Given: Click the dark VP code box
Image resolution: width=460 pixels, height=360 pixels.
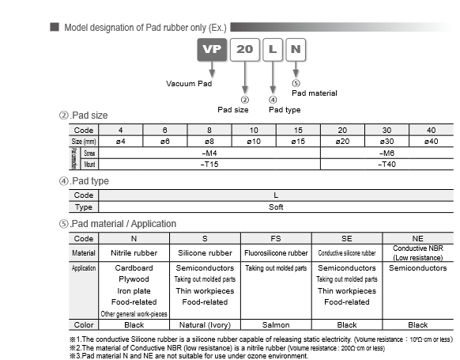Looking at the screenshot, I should tap(211, 48).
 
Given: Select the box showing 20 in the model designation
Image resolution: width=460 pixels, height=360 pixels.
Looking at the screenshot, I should tap(245, 48).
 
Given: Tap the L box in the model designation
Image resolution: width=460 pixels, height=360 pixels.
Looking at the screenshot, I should tap(272, 48).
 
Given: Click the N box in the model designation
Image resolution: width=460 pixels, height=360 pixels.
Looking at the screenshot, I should tap(296, 48).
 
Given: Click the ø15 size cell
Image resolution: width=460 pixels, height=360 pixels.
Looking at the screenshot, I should tap(299, 141).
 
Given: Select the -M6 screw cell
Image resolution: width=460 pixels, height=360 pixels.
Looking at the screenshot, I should tap(386, 152).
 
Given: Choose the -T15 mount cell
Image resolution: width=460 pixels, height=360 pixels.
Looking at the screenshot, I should tap(211, 163).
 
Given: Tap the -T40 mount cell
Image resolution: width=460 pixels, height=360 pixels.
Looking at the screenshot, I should tap(386, 163).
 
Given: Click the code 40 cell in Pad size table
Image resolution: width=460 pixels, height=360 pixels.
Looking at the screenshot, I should tap(430, 130).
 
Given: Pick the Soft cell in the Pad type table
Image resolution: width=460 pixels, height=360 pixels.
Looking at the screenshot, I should tap(275, 207).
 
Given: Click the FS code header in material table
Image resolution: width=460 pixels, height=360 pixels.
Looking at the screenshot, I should tap(275, 237).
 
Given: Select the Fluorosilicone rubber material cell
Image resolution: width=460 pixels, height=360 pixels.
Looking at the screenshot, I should tap(276, 253).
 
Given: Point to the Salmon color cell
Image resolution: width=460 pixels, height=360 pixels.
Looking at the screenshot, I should tap(275, 324).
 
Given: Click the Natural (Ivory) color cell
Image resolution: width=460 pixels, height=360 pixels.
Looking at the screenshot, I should tap(205, 324).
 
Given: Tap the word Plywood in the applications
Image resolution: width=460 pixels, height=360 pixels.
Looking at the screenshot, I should tap(134, 279).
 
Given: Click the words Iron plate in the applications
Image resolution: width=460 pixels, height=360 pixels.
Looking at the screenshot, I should tap(134, 290).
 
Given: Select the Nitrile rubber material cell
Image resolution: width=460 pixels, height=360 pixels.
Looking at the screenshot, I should tap(134, 253).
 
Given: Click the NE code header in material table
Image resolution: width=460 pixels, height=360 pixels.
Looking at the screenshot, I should tap(417, 237).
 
